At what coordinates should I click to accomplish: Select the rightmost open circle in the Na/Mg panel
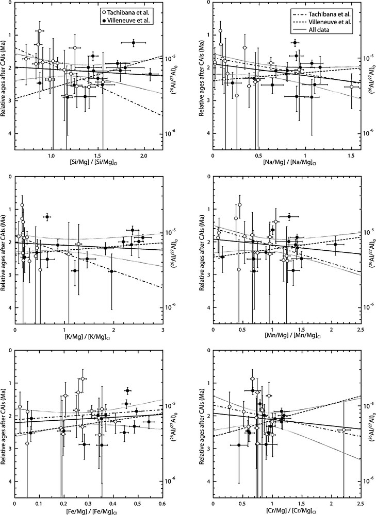click(351, 87)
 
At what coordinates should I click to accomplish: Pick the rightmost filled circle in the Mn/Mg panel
click(335, 244)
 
